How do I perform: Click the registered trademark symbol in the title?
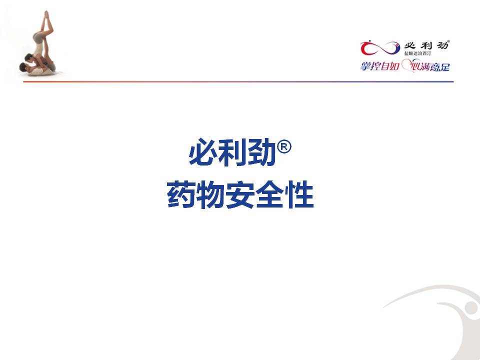[284, 147]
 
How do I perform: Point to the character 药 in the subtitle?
[181, 194]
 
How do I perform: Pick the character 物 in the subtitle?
[210, 194]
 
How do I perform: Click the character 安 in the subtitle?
[240, 194]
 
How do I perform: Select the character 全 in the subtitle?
[269, 194]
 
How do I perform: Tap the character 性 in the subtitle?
[299, 194]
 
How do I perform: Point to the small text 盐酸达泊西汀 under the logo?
[418, 53]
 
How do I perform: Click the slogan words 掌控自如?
[379, 66]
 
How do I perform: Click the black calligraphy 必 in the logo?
[410, 46]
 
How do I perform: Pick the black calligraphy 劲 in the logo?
[442, 45]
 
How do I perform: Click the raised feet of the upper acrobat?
[46, 14]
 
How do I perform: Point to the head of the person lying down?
[23, 67]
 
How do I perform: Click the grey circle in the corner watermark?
[471, 307]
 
